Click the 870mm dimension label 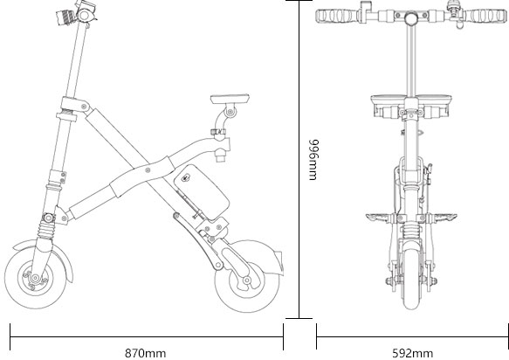click(145, 352)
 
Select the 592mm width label click(412, 352)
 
